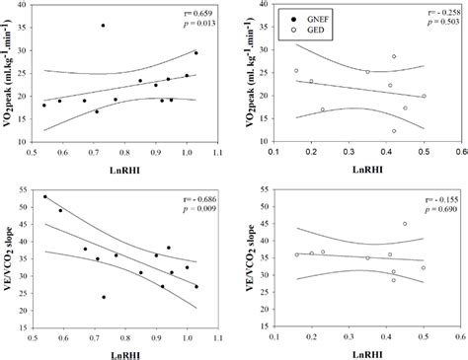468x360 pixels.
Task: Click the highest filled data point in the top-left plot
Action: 103,26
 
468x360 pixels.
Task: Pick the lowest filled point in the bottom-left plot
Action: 104,297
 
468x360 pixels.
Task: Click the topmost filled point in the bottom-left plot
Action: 44,197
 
